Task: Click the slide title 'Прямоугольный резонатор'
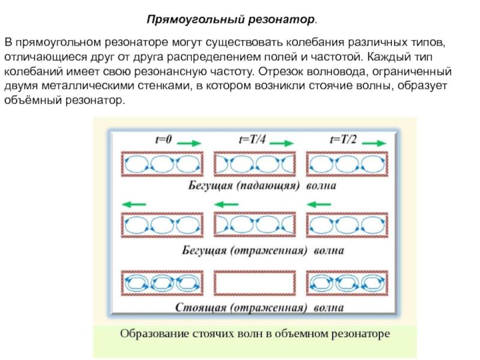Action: point(232,20)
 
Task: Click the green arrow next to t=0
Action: point(191,143)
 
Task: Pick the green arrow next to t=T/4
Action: point(281,143)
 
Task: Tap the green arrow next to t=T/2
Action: point(373,143)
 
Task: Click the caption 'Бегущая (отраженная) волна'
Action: point(258,249)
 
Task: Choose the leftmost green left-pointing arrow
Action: point(134,205)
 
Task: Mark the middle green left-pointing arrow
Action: point(226,205)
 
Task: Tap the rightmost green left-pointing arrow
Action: point(318,205)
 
